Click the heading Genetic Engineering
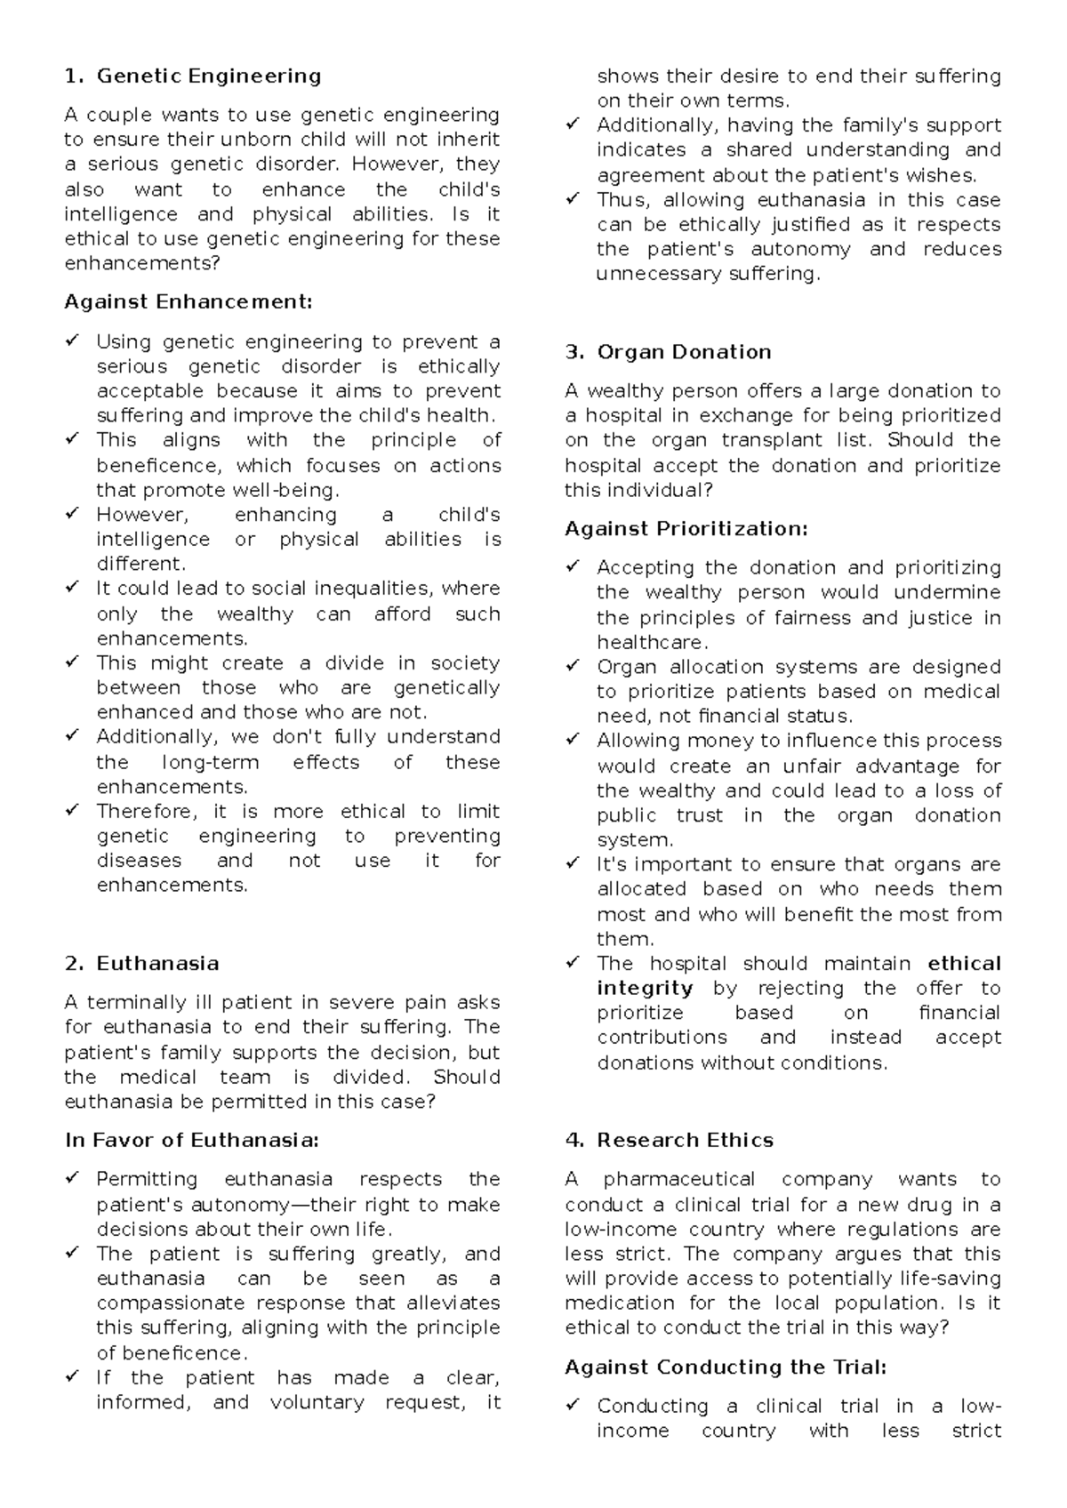tap(208, 76)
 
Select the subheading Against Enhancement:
tap(189, 302)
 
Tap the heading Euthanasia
tap(157, 964)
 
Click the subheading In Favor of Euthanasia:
tap(191, 1141)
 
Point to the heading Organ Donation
tap(684, 352)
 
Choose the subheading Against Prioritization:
tap(686, 529)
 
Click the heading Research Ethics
tap(685, 1141)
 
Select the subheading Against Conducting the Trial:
tap(726, 1368)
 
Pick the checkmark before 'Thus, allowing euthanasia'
tap(573, 200)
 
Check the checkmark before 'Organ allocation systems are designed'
tap(573, 667)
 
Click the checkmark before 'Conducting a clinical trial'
tap(573, 1406)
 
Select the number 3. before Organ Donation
tap(574, 352)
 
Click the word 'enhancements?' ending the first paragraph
tap(141, 264)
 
